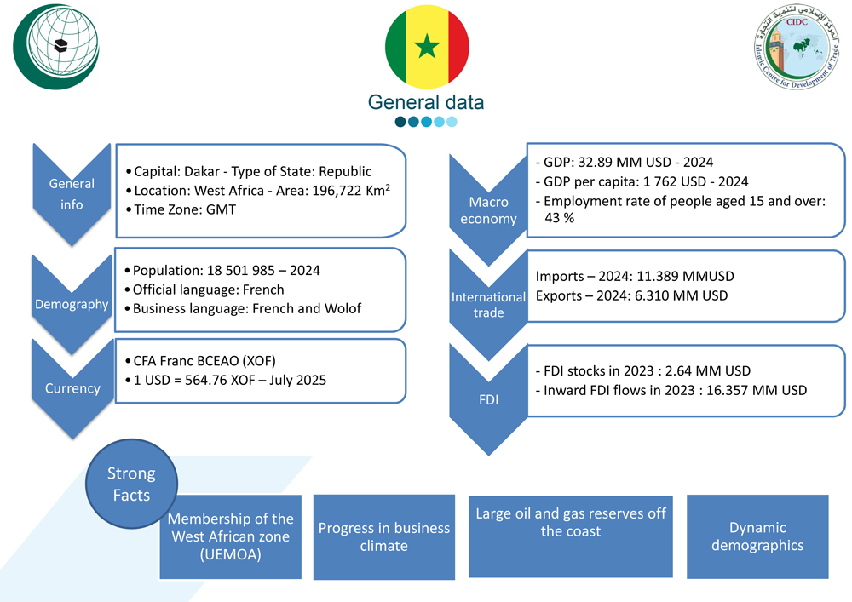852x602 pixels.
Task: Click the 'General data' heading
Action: (x=426, y=102)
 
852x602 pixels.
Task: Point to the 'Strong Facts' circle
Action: (x=131, y=484)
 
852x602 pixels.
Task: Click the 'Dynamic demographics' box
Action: (x=757, y=536)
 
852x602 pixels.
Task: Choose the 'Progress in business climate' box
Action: (x=383, y=536)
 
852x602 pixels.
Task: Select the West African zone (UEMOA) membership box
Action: (x=231, y=536)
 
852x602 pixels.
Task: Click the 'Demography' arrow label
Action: (x=72, y=304)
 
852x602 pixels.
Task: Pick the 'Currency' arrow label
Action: (x=72, y=388)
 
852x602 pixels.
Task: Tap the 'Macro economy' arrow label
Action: (x=488, y=210)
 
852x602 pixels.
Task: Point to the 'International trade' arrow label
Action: (x=488, y=305)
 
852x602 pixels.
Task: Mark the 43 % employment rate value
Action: (x=560, y=219)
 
